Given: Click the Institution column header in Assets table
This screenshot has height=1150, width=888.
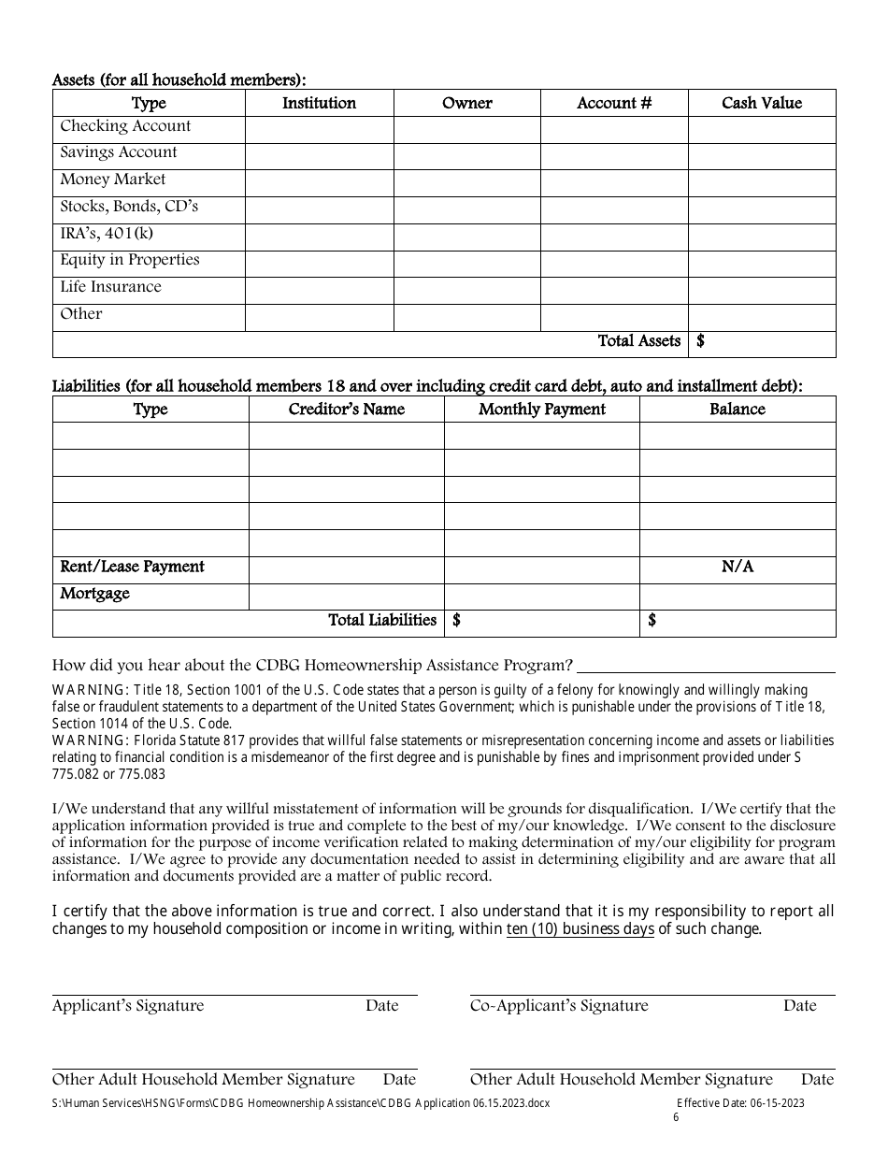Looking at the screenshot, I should coord(319,103).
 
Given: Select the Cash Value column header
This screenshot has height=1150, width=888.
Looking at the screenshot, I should coord(761,103).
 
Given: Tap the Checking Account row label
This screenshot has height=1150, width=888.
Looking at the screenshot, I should coord(125,126).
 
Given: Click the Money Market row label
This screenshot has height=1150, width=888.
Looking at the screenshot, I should coord(113,180).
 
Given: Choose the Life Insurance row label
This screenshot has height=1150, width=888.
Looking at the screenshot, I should coord(110,287).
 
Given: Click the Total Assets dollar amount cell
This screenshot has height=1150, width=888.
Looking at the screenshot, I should coord(762,342).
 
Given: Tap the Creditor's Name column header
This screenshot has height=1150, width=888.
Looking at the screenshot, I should coord(346,410).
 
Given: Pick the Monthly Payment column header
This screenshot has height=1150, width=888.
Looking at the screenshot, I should coord(541,410).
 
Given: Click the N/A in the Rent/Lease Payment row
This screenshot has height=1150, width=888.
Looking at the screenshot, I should coord(738,567).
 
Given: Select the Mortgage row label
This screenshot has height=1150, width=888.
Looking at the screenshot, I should coord(94,594).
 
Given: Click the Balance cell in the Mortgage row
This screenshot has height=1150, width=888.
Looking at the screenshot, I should coord(738,596).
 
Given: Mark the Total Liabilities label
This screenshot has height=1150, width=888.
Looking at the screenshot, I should coord(381,620).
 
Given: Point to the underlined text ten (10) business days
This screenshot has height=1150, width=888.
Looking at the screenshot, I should coord(580,929).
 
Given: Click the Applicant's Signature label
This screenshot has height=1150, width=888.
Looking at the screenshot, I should coord(127,1006).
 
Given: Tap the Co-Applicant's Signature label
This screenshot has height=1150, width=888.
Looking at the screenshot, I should coord(558,1006).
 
